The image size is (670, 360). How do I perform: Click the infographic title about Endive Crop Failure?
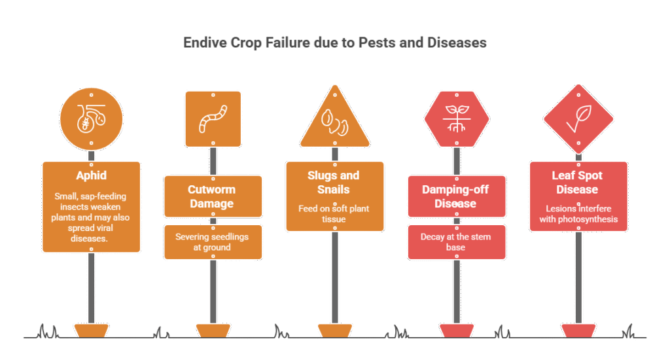click(x=334, y=43)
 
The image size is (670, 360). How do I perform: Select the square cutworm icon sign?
click(x=213, y=118)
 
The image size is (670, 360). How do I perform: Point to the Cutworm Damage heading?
click(x=213, y=196)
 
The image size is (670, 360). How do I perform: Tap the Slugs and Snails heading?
click(x=335, y=183)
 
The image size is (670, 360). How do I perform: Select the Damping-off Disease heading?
click(x=457, y=196)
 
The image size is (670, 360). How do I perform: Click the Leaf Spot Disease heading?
click(x=578, y=183)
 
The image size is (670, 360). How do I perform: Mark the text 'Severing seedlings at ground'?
click(x=213, y=242)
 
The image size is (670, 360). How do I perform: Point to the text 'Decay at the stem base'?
click(x=457, y=242)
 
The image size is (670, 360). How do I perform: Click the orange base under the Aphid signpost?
click(x=92, y=331)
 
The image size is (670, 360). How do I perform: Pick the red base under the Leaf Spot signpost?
click(x=578, y=331)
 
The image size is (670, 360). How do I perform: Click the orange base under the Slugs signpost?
click(x=335, y=331)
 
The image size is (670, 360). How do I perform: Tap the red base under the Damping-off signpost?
click(x=457, y=331)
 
